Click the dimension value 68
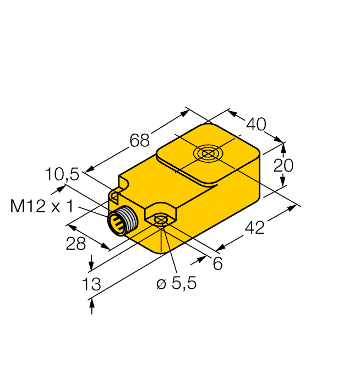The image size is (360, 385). tap(140, 141)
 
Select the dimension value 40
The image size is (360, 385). tap(255, 125)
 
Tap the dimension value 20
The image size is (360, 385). tap(284, 165)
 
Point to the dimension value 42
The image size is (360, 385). tap(254, 227)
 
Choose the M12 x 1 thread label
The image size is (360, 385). tap(42, 207)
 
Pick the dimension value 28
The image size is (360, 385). tap(76, 244)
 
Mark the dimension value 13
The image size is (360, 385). tap(91, 284)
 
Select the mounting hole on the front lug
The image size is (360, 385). tap(160, 221)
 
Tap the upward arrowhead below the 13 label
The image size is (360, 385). tap(91, 302)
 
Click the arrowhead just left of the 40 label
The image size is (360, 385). tap(232, 114)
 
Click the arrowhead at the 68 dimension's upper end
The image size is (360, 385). tap(185, 113)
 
